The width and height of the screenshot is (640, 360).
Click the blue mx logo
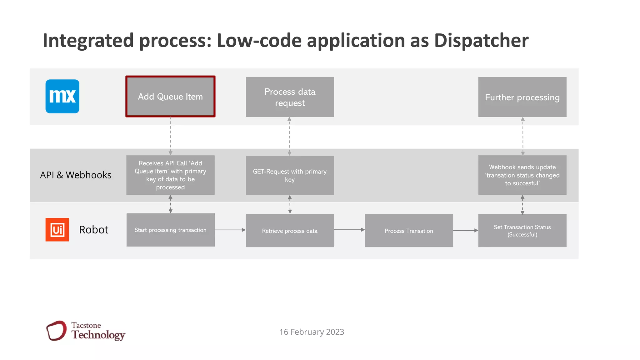tap(62, 96)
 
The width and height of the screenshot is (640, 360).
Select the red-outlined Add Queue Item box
tap(170, 97)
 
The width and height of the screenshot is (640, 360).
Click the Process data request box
tap(290, 97)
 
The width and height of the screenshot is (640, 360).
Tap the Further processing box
tap(522, 97)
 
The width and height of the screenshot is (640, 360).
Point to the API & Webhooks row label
tap(76, 175)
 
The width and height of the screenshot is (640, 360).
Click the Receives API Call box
tap(170, 175)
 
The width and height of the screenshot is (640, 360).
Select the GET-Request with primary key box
tap(290, 175)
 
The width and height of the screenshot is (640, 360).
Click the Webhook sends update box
tap(522, 175)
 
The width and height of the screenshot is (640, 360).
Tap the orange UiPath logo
tap(57, 230)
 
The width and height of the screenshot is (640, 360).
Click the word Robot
tap(93, 230)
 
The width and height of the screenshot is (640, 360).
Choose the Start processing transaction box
tap(170, 230)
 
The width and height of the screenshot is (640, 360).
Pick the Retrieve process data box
tap(290, 231)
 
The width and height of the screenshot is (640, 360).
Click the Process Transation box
tap(409, 231)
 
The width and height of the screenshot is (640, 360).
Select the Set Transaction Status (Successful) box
tap(522, 231)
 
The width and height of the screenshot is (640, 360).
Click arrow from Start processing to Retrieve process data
tap(230, 230)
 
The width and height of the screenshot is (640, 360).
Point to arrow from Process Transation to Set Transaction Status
tap(465, 231)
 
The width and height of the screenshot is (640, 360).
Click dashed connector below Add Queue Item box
tap(170, 136)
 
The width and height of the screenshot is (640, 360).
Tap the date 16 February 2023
tap(312, 332)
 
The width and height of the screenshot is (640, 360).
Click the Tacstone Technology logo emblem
tap(57, 331)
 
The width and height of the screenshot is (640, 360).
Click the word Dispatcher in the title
tap(481, 41)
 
